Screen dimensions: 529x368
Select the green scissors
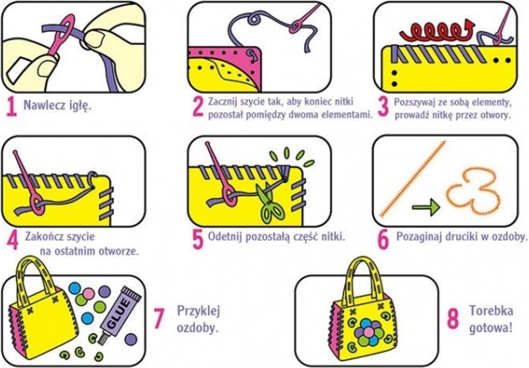point(270,202)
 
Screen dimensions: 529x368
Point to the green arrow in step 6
point(426,206)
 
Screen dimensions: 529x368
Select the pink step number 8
point(453,319)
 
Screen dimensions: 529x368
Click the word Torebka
point(492,311)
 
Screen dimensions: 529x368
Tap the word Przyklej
point(198,311)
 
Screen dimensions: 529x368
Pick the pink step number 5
point(197,240)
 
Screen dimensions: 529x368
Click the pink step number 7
point(158,318)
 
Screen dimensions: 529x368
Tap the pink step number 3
point(383,107)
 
